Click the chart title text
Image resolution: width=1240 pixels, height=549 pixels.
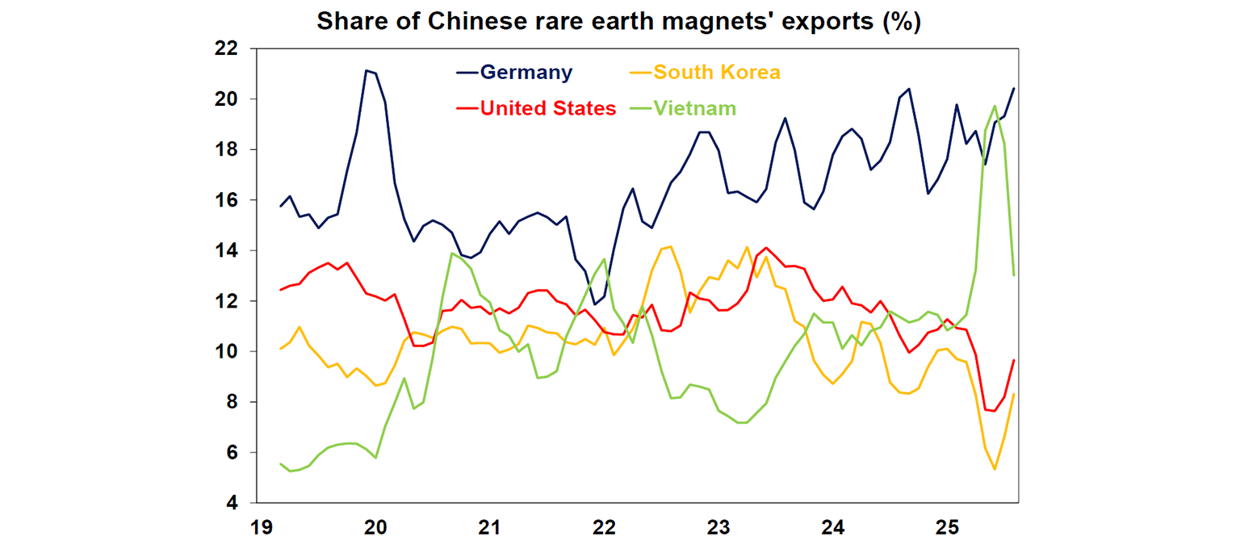[618, 22]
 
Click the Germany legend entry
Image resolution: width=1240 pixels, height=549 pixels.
[526, 72]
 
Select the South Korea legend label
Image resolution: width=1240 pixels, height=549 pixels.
[716, 72]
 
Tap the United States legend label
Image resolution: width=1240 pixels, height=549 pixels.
[547, 108]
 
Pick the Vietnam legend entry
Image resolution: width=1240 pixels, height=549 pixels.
[694, 108]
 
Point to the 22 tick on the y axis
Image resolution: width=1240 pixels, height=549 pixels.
[226, 48]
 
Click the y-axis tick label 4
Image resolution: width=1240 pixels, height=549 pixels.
[232, 503]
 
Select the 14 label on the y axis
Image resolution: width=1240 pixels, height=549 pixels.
[226, 250]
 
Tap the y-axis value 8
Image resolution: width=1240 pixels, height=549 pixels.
[232, 402]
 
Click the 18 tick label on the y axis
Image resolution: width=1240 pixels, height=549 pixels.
[226, 149]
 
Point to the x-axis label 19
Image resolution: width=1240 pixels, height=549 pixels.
[260, 529]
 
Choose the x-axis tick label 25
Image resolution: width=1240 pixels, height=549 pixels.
[947, 529]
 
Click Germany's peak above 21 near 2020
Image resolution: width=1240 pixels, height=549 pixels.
[367, 70]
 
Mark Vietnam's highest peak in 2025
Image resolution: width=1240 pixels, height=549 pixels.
[995, 106]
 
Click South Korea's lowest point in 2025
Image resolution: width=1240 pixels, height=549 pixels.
[995, 469]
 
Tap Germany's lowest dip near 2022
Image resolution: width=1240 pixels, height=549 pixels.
[595, 304]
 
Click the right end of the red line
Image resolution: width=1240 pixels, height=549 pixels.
[1014, 360]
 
